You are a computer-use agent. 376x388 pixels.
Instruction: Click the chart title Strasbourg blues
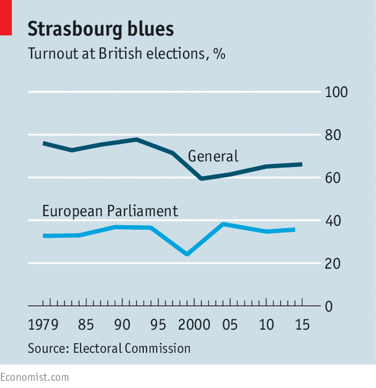(100, 29)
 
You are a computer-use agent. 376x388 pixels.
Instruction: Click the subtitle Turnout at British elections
(117, 53)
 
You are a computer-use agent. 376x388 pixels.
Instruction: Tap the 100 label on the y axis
(336, 92)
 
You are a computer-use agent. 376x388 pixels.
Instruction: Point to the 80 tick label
(333, 135)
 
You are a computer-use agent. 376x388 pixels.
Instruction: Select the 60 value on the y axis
(333, 178)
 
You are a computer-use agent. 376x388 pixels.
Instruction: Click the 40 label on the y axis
(333, 221)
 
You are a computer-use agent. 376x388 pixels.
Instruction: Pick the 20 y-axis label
(333, 264)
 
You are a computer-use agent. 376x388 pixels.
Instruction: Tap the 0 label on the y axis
(329, 307)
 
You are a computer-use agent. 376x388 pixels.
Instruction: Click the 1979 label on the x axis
(43, 324)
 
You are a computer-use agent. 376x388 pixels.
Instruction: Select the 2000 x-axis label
(194, 324)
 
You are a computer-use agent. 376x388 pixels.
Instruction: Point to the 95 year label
(158, 324)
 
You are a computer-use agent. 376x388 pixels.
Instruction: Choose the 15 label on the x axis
(302, 324)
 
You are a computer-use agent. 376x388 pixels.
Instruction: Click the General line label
(213, 156)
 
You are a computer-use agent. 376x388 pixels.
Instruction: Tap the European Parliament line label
(110, 211)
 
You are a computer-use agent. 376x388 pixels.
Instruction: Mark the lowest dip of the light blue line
(187, 254)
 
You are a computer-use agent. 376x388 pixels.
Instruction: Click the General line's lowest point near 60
(202, 178)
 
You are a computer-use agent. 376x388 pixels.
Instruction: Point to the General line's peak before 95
(136, 139)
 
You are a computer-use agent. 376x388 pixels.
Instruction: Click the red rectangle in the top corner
(6, 18)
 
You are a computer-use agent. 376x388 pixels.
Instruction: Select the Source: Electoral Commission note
(109, 348)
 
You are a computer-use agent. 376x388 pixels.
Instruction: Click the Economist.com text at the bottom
(34, 378)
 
